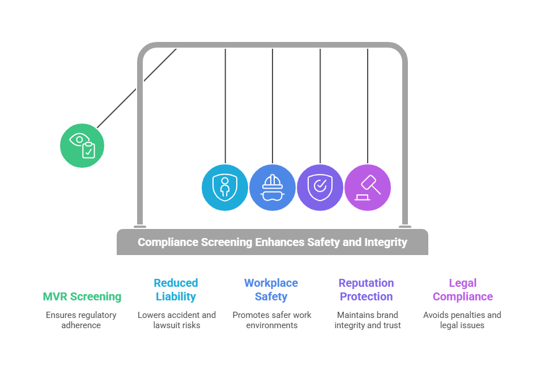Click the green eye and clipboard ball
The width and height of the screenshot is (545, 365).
tap(82, 146)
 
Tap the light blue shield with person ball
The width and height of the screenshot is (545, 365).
tap(225, 187)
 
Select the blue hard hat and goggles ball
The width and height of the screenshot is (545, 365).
tap(272, 187)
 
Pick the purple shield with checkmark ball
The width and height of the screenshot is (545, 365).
tap(320, 187)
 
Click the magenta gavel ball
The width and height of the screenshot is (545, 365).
tap(368, 187)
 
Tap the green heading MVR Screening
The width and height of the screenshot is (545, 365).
tap(82, 296)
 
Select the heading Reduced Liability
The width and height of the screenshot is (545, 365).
tap(176, 290)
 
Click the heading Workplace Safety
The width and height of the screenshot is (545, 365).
tap(271, 290)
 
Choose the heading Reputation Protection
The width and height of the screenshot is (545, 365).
tap(366, 290)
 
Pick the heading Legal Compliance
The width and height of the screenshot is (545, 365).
tap(462, 290)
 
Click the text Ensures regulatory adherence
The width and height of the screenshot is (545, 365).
tap(81, 320)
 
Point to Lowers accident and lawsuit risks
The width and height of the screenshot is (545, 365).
tap(177, 320)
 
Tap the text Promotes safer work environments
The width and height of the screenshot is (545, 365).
tap(272, 320)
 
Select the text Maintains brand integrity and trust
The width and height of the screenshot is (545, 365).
tap(367, 320)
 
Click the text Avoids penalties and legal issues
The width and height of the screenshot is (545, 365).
tap(462, 320)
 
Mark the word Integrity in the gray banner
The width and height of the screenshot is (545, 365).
tap(385, 242)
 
